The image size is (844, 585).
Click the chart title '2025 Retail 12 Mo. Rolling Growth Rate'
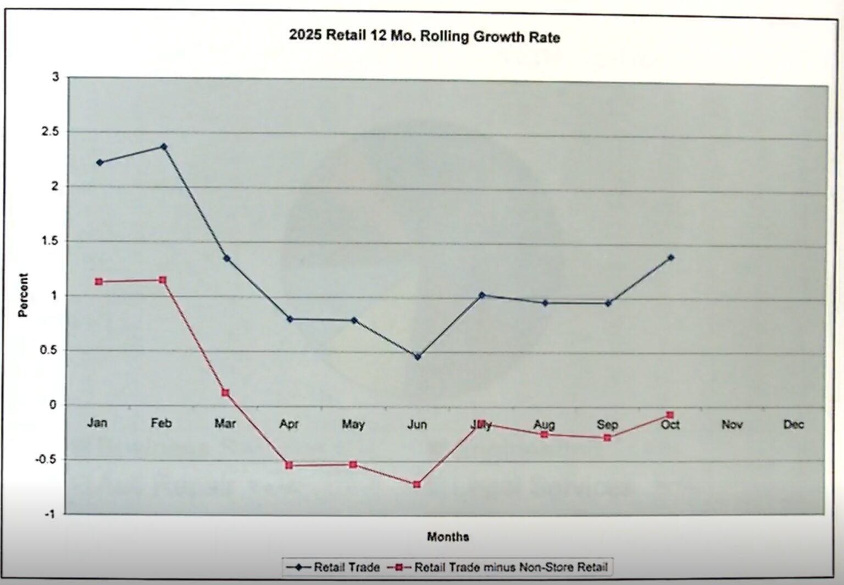click(424, 36)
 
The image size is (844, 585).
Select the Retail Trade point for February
click(164, 147)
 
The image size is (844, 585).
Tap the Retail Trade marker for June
click(418, 357)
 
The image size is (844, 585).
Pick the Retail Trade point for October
click(671, 257)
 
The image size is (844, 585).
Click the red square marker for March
click(225, 393)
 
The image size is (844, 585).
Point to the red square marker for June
click(417, 485)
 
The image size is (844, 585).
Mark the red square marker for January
click(99, 282)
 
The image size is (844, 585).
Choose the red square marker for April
click(289, 465)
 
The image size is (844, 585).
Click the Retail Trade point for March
click(226, 258)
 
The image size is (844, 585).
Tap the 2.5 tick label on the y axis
click(50, 132)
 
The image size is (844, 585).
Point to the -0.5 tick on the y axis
click(46, 459)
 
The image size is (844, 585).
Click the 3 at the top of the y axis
click(55, 77)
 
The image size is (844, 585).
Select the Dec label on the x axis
click(793, 424)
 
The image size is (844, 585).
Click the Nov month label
click(732, 424)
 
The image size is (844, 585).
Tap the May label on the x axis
click(353, 424)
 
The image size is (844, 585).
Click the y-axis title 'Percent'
click(23, 295)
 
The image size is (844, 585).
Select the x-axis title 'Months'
click(448, 537)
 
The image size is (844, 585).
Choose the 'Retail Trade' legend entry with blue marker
click(333, 567)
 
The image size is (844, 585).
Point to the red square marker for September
click(607, 438)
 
